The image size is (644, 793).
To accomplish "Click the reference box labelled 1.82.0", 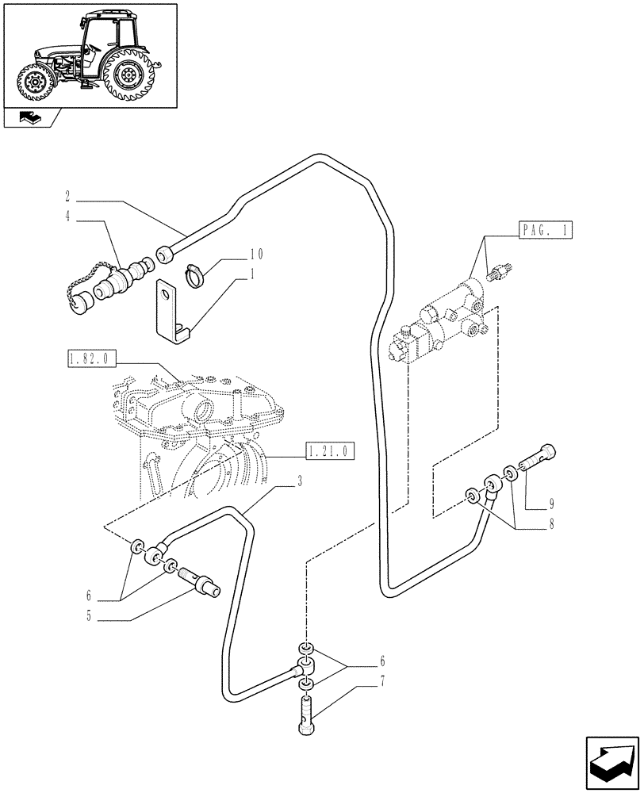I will coord(91,360).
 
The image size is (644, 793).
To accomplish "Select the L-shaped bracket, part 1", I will coord(171,313).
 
